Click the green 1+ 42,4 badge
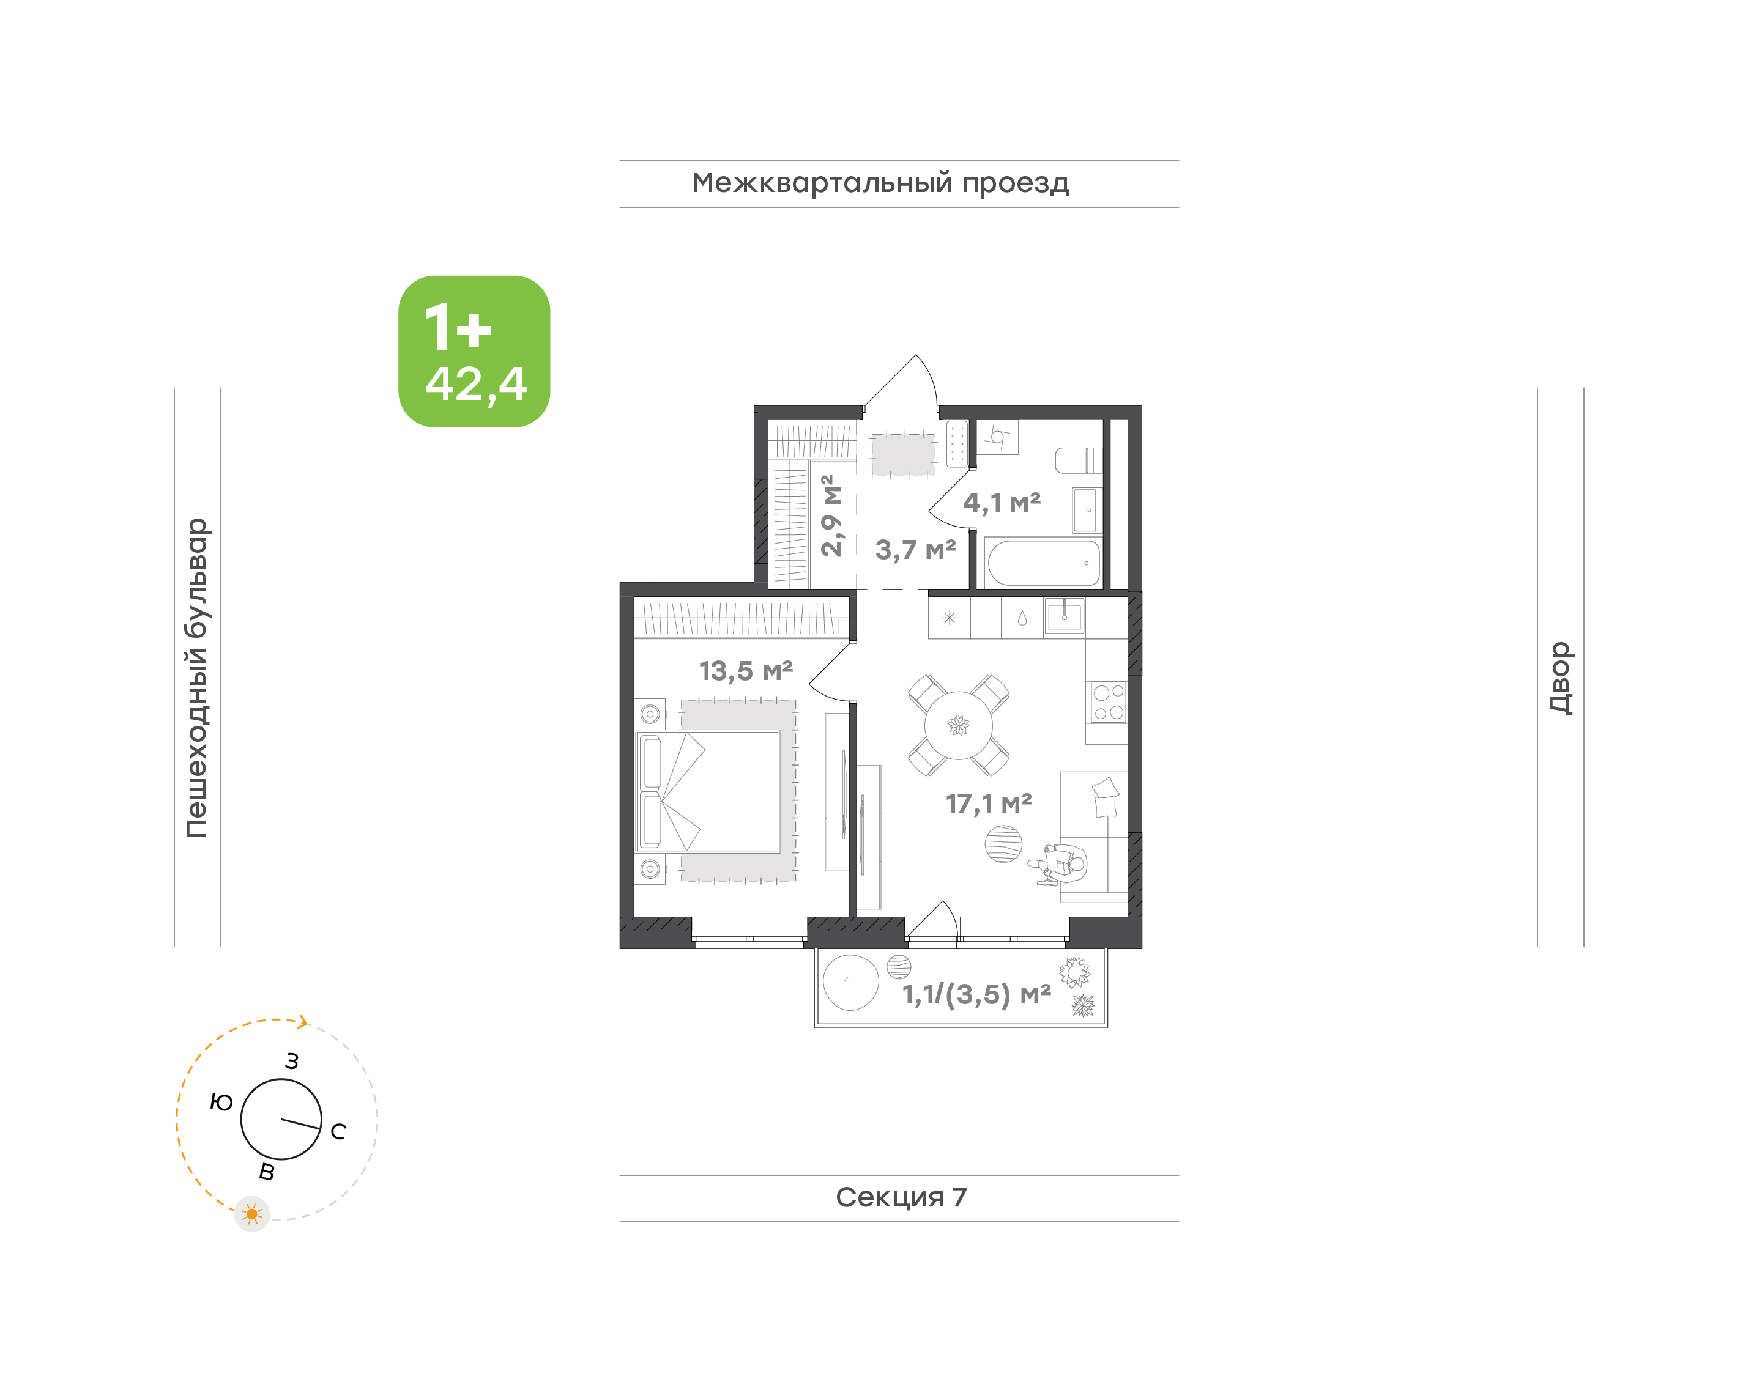474,351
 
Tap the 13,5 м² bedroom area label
745,671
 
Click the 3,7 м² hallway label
915,550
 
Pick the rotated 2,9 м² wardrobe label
831,515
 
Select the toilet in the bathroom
1079,460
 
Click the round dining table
958,725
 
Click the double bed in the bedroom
708,792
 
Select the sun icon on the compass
251,1214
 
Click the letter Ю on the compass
221,1102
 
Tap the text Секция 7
901,1197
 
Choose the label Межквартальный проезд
880,183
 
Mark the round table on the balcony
850,982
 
